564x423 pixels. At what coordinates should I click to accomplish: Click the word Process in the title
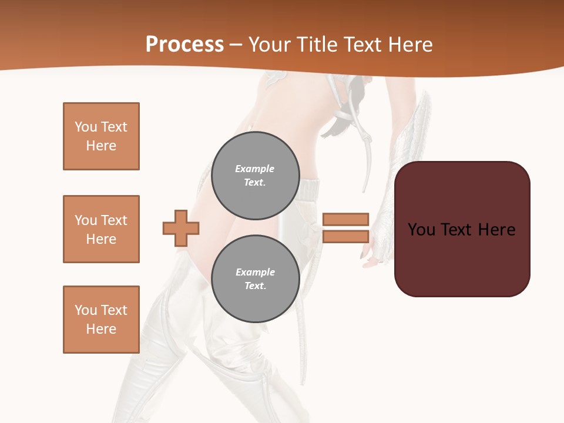point(184,45)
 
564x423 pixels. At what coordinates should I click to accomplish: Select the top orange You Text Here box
point(101,136)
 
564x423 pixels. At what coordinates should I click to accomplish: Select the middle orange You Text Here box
point(101,229)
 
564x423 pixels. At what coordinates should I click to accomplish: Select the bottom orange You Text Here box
point(101,320)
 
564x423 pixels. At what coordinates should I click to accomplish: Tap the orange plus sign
point(181,228)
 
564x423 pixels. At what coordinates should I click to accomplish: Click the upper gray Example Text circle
point(255,175)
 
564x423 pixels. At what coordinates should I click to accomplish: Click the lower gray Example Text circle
point(255,278)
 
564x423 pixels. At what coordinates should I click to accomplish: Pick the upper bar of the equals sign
point(345,219)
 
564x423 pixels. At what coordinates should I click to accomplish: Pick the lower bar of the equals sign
point(345,236)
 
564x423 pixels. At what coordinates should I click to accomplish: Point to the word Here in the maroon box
point(496,230)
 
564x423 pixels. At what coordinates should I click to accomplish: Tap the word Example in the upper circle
point(255,169)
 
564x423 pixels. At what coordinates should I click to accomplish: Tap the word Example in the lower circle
point(255,272)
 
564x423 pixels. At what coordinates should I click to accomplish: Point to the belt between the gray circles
point(310,190)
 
